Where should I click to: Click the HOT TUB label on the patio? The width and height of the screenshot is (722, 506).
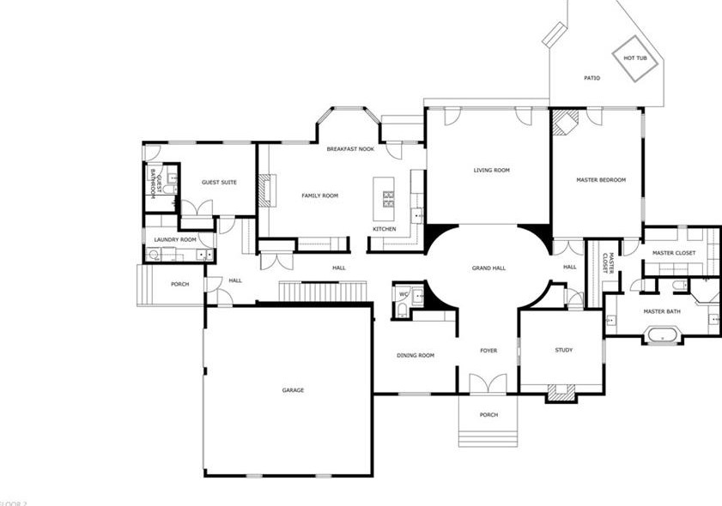click(634, 58)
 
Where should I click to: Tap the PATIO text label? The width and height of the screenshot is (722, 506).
click(592, 78)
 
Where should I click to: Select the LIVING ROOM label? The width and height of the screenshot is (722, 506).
click(491, 171)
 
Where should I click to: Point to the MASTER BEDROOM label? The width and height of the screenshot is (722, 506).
click(600, 180)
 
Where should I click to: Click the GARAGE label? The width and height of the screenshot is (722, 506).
click(293, 390)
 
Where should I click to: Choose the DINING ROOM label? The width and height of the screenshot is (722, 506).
click(415, 355)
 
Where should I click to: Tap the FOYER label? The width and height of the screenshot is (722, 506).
click(488, 350)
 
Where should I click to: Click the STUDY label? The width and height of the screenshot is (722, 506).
click(563, 350)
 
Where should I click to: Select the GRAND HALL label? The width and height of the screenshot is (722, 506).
click(488, 268)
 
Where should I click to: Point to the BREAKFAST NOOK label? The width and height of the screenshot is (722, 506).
click(350, 149)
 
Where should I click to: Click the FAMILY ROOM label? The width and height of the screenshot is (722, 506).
click(319, 196)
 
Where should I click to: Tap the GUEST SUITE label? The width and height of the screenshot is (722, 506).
click(219, 183)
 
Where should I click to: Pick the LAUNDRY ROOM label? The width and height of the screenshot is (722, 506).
click(175, 240)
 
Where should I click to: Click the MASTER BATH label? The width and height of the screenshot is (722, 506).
click(662, 311)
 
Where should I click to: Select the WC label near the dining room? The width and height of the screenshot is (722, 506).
click(402, 295)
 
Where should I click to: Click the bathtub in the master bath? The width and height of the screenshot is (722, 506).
click(663, 334)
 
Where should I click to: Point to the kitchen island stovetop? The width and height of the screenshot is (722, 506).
click(388, 199)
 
